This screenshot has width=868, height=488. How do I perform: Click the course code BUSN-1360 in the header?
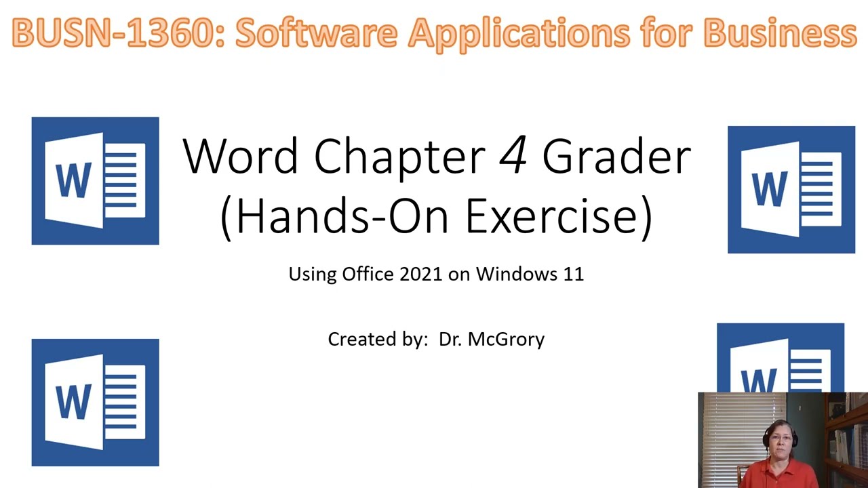coord(113,33)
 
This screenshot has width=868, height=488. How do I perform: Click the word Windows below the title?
coord(516,274)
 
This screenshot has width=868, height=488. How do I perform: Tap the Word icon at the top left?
coord(95,181)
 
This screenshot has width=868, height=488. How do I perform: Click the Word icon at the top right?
coord(791,190)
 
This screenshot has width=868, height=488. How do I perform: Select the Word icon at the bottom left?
coord(95,403)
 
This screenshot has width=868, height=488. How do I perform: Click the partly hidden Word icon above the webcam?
coord(780,358)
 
